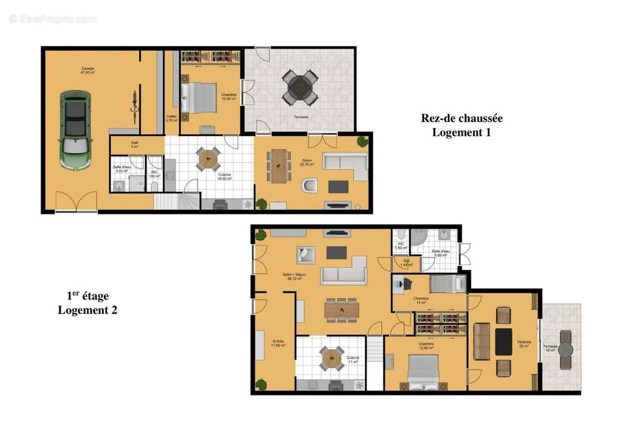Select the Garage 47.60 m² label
pyautogui.click(x=87, y=70)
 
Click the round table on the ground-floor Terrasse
pyautogui.click(x=300, y=87)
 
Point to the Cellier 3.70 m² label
pyautogui.click(x=171, y=118)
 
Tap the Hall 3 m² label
pyautogui.click(x=134, y=145)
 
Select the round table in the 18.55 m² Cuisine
pyautogui.click(x=208, y=159)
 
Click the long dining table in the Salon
pyautogui.click(x=280, y=165)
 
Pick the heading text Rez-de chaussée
pyautogui.click(x=461, y=118)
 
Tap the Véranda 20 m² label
pyautogui.click(x=523, y=345)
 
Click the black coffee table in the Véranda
pyautogui.click(x=503, y=342)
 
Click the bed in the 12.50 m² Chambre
pyautogui.click(x=423, y=371)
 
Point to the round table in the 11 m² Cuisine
pyautogui.click(x=333, y=359)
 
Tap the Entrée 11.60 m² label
pyautogui.click(x=278, y=344)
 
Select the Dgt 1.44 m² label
pyautogui.click(x=406, y=263)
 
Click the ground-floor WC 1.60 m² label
pyautogui.click(x=155, y=174)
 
